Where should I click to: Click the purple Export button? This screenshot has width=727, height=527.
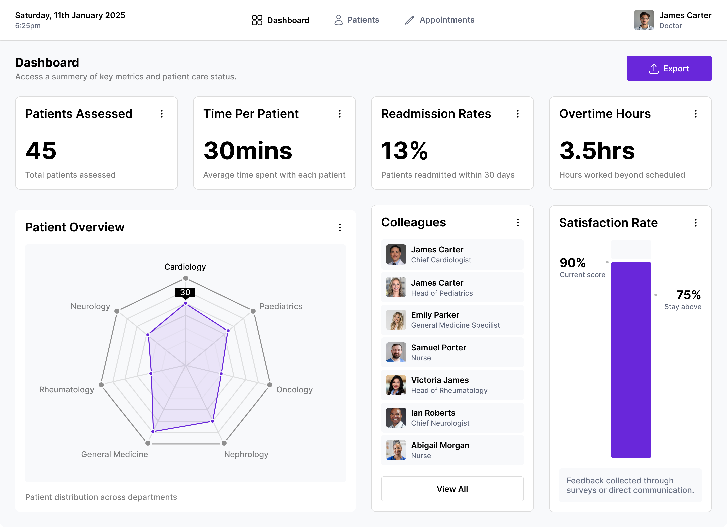pyautogui.click(x=669, y=68)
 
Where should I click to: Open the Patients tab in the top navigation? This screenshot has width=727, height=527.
pyautogui.click(x=356, y=20)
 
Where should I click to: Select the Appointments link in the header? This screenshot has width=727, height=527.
pyautogui.click(x=439, y=20)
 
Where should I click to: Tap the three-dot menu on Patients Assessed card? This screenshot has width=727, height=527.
pyautogui.click(x=162, y=114)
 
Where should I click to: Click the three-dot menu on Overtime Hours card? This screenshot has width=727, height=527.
pyautogui.click(x=696, y=114)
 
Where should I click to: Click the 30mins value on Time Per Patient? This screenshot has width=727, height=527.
pyautogui.click(x=247, y=151)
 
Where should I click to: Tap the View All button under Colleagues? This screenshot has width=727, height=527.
pyautogui.click(x=452, y=489)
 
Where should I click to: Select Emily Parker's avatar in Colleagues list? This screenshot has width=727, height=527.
pyautogui.click(x=396, y=320)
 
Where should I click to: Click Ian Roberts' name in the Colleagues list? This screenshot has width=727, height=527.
pyautogui.click(x=433, y=413)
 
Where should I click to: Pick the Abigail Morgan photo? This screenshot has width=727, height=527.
pyautogui.click(x=396, y=450)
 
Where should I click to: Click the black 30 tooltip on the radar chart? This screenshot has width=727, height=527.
pyautogui.click(x=185, y=292)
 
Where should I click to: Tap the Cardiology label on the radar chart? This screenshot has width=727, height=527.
pyautogui.click(x=185, y=267)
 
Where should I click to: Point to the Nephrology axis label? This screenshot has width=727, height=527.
pyautogui.click(x=246, y=454)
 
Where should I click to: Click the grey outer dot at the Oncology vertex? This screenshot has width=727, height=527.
pyautogui.click(x=269, y=385)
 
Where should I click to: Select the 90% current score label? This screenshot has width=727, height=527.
pyautogui.click(x=572, y=263)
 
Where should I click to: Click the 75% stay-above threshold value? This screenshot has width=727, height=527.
pyautogui.click(x=688, y=295)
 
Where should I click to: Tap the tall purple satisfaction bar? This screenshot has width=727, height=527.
pyautogui.click(x=631, y=359)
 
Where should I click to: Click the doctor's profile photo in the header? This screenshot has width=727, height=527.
pyautogui.click(x=644, y=20)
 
